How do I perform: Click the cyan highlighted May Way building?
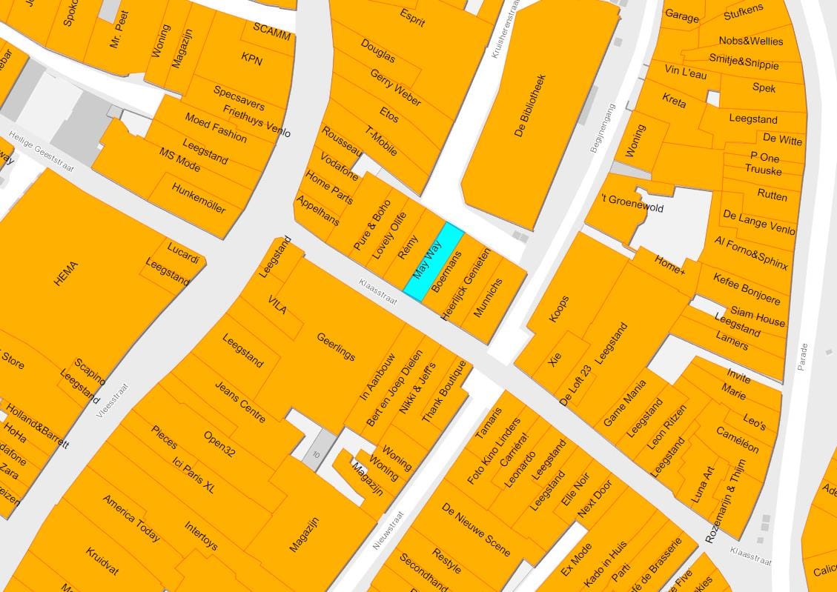(x=434, y=262)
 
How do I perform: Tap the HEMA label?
(x=66, y=273)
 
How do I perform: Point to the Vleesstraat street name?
(x=112, y=401)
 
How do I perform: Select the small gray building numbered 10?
(x=315, y=454)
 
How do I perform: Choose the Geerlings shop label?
(x=336, y=347)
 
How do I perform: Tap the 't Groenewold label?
(x=632, y=204)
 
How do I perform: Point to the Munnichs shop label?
(x=488, y=298)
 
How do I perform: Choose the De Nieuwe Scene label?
(x=475, y=529)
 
